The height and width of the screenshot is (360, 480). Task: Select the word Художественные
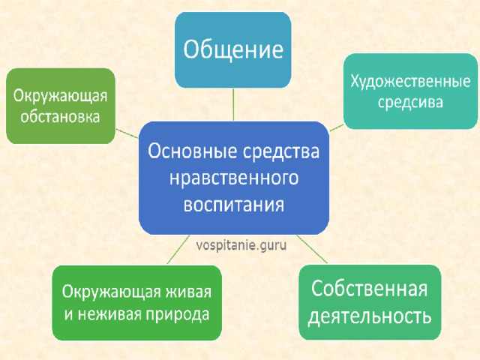coord(410,82)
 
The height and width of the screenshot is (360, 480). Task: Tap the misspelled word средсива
coord(410,102)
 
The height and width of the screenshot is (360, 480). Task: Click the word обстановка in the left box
coord(60,117)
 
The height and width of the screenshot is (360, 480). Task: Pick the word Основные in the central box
coord(193,151)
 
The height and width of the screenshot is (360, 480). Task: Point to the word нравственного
coord(234,178)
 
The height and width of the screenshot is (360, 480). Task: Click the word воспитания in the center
coord(234,205)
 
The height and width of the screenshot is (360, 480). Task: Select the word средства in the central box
coord(282,151)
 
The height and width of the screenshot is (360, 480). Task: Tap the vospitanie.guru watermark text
coord(241,245)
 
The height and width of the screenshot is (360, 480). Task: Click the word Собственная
coord(369,288)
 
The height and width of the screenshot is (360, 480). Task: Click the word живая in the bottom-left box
coord(188,292)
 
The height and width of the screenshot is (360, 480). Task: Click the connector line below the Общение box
coord(233,104)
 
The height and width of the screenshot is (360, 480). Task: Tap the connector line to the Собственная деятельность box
coord(312,249)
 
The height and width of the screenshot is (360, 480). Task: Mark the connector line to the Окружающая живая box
coord(178,250)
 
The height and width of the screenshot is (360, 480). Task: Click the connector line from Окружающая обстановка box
coord(127,133)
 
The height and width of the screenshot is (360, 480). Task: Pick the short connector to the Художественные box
coord(337,127)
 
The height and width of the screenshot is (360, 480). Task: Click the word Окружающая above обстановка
coord(60,96)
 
